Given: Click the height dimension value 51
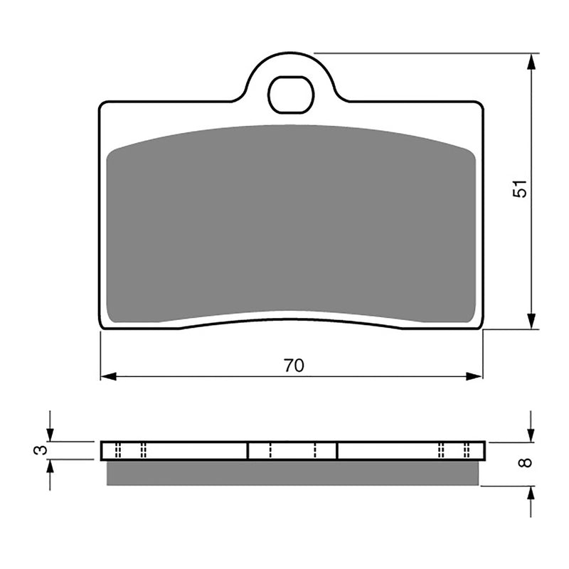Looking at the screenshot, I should [x=522, y=188].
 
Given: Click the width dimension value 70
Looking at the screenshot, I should [x=293, y=366].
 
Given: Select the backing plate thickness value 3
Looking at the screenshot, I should [x=42, y=450].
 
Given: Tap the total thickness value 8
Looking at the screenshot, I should [x=525, y=463].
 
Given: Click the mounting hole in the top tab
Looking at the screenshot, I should [x=291, y=95].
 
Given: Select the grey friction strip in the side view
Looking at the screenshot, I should [x=292, y=473].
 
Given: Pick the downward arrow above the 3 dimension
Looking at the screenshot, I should [x=50, y=434].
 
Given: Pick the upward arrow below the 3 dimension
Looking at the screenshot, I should [x=50, y=467].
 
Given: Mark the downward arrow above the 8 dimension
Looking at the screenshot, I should [x=531, y=434].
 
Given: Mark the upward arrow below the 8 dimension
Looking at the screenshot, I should [x=531, y=494].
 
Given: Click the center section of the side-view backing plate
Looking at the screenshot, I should [x=292, y=450].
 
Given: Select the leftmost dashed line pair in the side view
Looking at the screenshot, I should [x=118, y=450].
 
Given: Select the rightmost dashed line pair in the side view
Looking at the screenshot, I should [x=467, y=450].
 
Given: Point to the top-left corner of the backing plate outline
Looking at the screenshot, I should [x=102, y=105].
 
